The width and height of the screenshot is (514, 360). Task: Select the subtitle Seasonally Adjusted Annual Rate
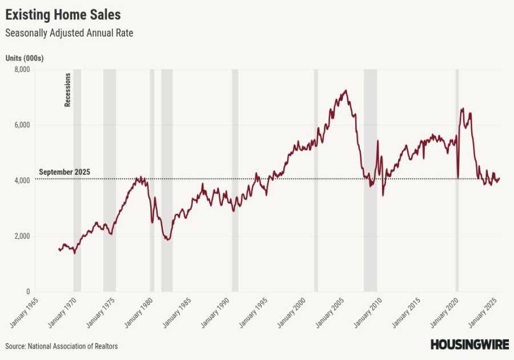pos(69,33)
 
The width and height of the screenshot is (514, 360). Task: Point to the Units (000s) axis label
pos(25,58)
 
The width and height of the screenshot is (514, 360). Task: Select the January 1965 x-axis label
pos(24,313)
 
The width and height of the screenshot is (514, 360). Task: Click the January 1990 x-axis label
pos(215,313)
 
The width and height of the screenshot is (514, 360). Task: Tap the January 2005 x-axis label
pos(330,313)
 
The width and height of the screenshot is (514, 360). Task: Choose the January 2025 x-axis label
pos(483,313)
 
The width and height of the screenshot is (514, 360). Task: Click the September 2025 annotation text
pos(65,172)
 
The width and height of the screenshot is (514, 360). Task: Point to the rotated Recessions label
pos(67,90)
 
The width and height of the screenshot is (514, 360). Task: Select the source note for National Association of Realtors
pos(62,346)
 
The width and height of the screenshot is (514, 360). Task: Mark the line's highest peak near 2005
pos(345,90)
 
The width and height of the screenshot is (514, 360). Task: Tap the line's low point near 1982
pos(167,239)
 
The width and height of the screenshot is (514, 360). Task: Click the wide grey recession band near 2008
pos(370,180)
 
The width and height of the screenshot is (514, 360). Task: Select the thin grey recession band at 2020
pos(457,180)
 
